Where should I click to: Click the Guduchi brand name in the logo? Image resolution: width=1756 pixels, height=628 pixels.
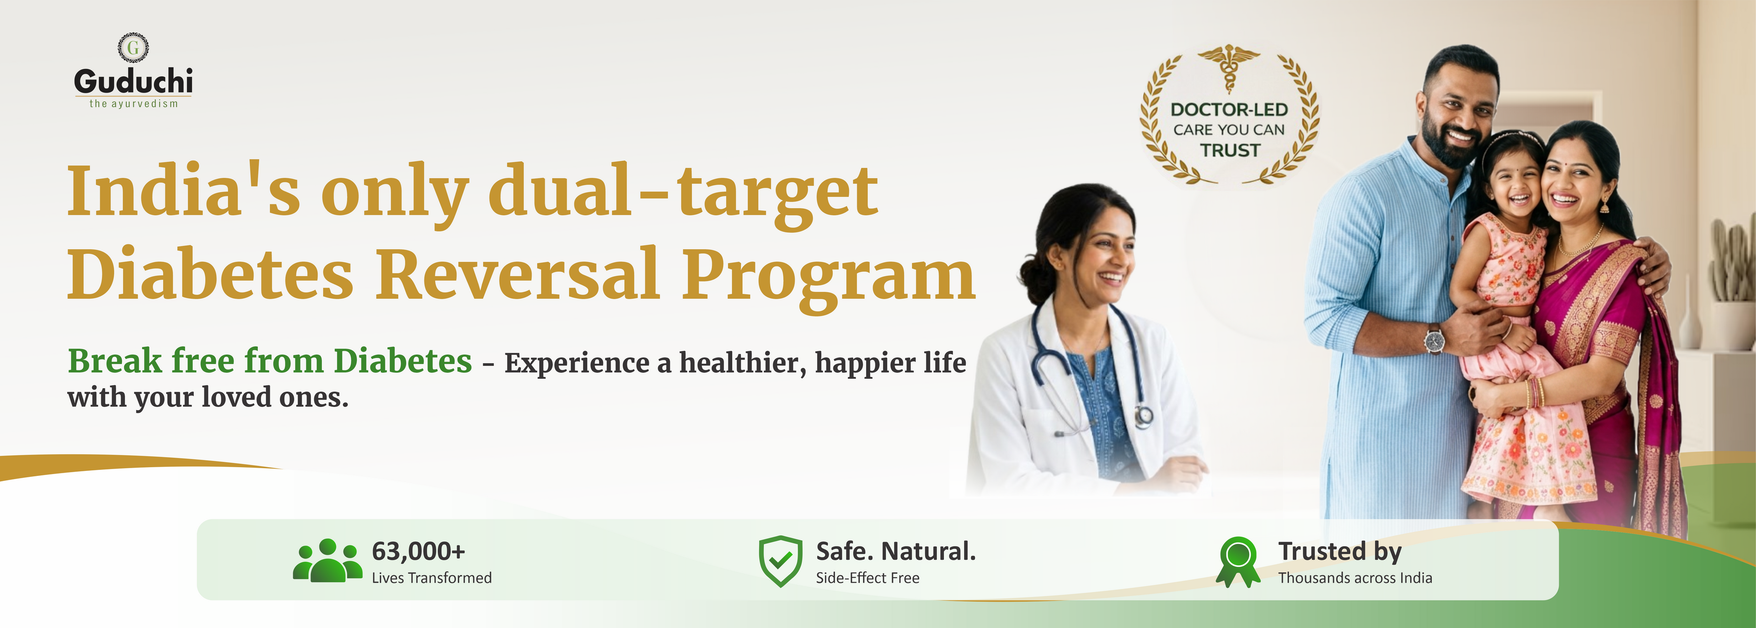(x=134, y=81)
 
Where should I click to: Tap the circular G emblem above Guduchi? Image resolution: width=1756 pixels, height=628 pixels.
(x=134, y=47)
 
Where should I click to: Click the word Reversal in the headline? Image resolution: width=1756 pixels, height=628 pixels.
(x=518, y=274)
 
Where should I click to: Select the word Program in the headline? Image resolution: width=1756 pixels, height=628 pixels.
(x=829, y=278)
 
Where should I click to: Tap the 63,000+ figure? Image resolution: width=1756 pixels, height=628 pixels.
(x=418, y=551)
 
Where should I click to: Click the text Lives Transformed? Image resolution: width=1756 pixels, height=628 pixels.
(x=432, y=578)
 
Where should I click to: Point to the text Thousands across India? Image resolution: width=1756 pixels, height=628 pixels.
(x=1355, y=578)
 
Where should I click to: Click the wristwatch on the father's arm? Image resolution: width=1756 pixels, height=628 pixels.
(x=1434, y=340)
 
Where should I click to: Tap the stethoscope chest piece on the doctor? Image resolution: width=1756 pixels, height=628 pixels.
(x=1143, y=415)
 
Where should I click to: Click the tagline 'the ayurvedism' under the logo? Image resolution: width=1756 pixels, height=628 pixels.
(x=134, y=104)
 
